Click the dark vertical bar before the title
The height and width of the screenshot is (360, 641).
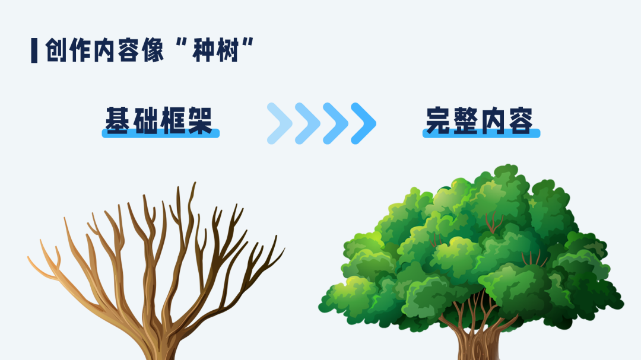point(34,50)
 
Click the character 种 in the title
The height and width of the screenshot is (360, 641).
point(204,50)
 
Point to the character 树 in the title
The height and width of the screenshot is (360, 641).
point(228,50)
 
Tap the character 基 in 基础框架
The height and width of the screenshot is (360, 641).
point(118,120)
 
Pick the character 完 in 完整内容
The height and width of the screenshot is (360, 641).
point(439,120)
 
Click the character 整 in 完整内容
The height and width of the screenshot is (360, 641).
point(466,120)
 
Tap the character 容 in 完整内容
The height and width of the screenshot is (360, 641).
point(521,120)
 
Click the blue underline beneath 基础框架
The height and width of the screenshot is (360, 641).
point(161,133)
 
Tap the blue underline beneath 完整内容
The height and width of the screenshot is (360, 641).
point(481,133)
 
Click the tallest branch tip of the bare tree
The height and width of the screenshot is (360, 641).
point(194,183)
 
